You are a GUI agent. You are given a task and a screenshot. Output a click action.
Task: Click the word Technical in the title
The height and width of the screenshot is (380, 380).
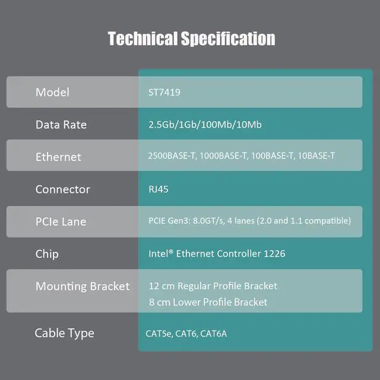[142, 39]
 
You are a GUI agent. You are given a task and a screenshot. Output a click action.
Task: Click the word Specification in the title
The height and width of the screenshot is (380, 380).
[227, 39]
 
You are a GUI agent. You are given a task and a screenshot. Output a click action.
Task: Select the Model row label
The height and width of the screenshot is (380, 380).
[52, 92]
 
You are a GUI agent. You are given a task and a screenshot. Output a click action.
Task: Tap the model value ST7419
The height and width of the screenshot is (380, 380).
[164, 93]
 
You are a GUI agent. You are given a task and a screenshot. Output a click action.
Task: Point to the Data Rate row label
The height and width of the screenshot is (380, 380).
[61, 125]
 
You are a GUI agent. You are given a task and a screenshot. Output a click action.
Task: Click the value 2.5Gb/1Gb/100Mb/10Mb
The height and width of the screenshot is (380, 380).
[205, 125]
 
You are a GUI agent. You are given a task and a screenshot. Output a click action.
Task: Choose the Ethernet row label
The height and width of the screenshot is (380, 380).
[58, 157]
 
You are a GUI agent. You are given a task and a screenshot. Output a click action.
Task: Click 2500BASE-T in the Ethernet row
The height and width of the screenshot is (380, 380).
[173, 156]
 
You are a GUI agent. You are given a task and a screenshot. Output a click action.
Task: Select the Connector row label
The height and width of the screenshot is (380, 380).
[62, 189]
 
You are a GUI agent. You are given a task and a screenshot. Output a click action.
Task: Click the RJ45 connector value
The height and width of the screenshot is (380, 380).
[158, 189]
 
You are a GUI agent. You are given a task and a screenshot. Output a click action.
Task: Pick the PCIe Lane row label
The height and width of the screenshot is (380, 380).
[61, 221]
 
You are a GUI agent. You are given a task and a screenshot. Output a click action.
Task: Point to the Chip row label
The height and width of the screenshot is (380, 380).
[47, 254]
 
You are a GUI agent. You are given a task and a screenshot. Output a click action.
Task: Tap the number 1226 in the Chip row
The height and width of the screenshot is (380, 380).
[274, 254]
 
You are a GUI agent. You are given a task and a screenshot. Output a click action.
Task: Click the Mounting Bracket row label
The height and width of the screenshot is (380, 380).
[82, 286]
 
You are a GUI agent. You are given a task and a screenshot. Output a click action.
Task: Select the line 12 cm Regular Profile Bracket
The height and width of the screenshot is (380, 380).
[213, 286]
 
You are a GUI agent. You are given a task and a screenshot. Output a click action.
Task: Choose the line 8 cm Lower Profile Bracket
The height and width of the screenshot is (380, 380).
[208, 302]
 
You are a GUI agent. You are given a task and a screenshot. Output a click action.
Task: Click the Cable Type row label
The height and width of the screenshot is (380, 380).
[64, 333]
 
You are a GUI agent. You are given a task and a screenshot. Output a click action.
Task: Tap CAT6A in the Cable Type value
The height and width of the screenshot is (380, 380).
[213, 334]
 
